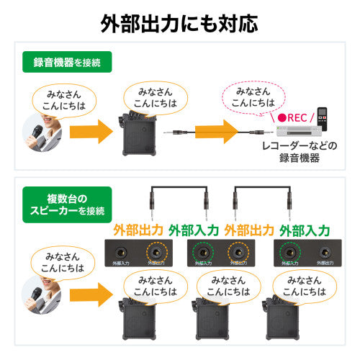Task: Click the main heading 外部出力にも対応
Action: (180, 23)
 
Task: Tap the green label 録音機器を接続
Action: (66, 62)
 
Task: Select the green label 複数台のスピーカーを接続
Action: (66, 204)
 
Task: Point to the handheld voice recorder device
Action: (323, 117)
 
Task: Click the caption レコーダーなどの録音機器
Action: (299, 152)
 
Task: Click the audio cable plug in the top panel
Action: (173, 133)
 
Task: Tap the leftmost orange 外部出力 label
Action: (140, 230)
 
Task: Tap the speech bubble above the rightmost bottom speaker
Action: (305, 286)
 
